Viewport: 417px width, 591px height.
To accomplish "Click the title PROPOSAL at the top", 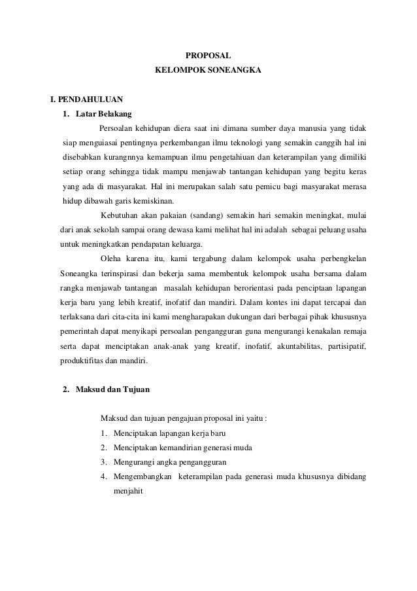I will click(x=208, y=56).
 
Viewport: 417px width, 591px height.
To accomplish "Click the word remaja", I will click(x=354, y=331).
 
